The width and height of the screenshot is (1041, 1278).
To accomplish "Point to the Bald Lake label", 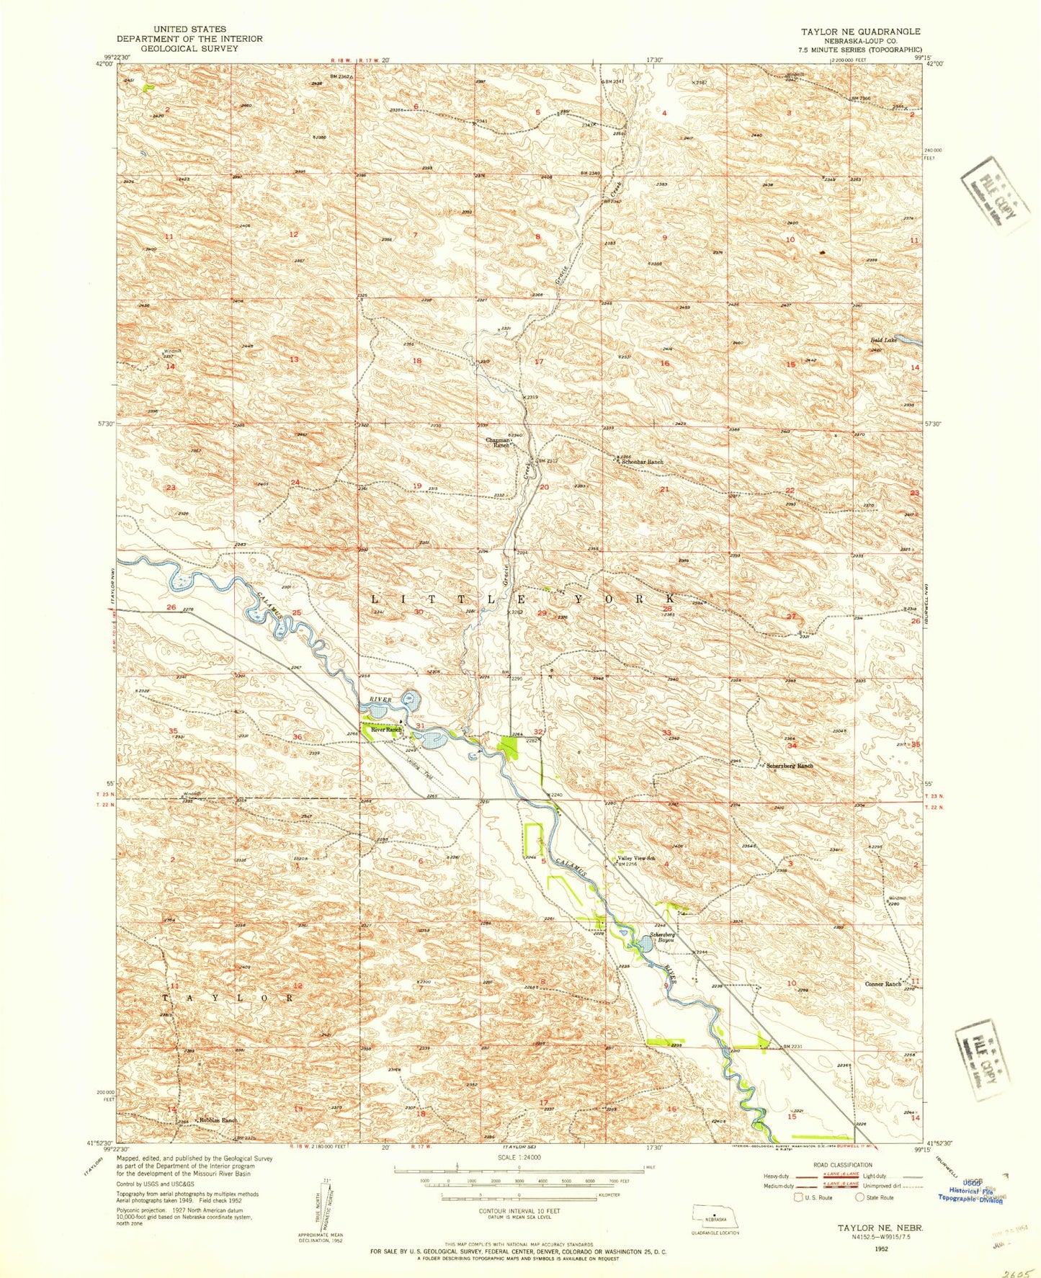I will (x=881, y=339).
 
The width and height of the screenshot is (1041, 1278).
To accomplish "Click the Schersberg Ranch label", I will (x=790, y=766).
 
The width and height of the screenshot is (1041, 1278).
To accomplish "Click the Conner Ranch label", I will (x=883, y=984).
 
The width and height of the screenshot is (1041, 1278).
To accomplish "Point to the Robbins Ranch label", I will (x=218, y=1121).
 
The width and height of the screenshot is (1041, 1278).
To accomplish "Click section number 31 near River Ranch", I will (x=419, y=725).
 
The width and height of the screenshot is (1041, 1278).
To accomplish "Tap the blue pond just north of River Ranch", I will (x=411, y=699).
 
